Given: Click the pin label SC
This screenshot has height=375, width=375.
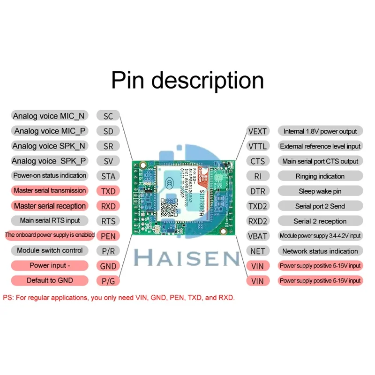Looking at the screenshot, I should (x=108, y=116).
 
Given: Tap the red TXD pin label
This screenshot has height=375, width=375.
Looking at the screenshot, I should (x=108, y=191).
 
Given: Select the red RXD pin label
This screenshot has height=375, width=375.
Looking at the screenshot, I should (x=108, y=206).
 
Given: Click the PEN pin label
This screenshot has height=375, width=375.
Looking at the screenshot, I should (x=108, y=236).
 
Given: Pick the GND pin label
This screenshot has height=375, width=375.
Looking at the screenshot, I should (x=108, y=266).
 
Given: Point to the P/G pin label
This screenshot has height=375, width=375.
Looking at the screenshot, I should (x=108, y=281).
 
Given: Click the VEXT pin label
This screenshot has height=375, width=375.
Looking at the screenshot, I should (x=257, y=131).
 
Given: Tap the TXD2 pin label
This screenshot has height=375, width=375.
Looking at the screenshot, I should (x=257, y=206).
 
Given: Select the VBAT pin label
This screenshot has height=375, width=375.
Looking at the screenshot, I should (x=257, y=236).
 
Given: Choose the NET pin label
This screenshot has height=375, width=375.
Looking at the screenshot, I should (x=257, y=251).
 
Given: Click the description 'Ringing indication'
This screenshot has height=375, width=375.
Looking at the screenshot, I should (x=320, y=176).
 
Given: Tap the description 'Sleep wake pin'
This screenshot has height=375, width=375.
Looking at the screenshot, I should (x=320, y=191).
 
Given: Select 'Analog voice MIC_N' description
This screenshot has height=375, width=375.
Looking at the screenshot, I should (x=49, y=116).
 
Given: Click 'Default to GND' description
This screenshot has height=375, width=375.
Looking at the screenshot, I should (x=50, y=280).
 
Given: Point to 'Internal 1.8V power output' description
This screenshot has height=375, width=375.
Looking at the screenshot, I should (x=320, y=131).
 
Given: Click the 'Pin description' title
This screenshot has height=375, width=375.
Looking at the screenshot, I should (x=187, y=80).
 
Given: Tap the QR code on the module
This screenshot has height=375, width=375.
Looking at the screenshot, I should (x=170, y=207).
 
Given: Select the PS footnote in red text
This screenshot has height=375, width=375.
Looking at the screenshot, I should (x=119, y=298).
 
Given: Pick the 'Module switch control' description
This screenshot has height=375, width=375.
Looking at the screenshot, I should (x=50, y=250).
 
